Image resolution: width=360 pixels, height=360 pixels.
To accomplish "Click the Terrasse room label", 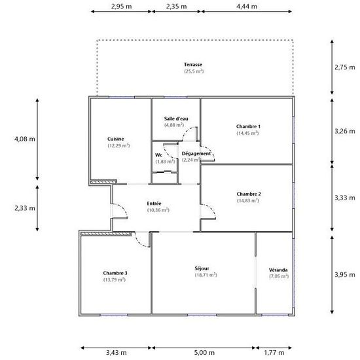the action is pos(193,65).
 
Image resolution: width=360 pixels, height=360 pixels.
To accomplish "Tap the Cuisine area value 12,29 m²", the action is pos(118,145).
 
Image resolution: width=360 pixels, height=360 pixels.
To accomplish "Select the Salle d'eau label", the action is pos(176,118).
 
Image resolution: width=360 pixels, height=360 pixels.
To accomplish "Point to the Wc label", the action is pos(158,155).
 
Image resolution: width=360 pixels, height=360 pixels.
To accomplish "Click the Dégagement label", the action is pos(196,154).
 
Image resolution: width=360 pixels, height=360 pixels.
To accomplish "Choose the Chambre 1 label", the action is pos(248,126).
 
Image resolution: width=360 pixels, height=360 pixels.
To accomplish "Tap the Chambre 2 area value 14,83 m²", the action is pos(248,201).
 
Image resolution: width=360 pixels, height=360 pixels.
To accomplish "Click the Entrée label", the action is pos(154,204).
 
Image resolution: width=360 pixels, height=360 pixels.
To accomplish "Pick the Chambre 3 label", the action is pos(115,273).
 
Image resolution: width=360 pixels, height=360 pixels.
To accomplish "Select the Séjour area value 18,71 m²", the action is pos(206,275).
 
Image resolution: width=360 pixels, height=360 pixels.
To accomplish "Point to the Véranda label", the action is pos(278,270).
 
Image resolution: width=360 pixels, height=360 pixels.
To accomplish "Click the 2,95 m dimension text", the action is pos(122,7).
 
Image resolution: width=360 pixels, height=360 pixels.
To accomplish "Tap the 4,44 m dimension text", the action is pos(247,7).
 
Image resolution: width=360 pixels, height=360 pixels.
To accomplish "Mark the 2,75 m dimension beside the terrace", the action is pos(344,67).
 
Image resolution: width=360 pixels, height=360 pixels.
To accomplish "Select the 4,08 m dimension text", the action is pos(25,139).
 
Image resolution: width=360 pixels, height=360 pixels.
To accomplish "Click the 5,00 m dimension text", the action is pos(204,352).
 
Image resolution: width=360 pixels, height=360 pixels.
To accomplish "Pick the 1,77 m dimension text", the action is pos(274,352).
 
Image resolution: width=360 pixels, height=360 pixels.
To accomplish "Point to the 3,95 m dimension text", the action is pos(344,275).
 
